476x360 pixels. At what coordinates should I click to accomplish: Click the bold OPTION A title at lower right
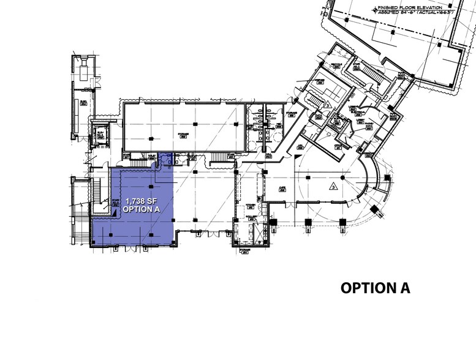[x=374, y=288]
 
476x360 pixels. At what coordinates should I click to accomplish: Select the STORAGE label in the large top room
[x=182, y=134]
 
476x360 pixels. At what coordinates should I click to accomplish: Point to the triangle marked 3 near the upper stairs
[x=328, y=105]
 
